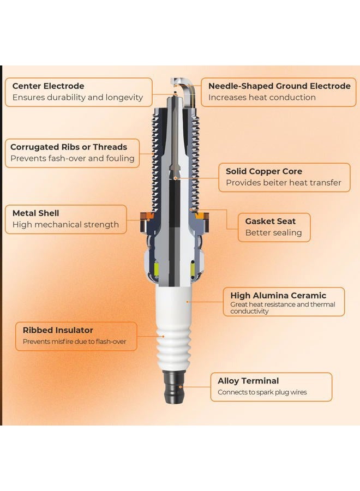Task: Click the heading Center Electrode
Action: coord(48,86)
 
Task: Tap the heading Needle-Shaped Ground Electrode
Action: coord(279,86)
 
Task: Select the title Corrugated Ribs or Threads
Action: coord(69,147)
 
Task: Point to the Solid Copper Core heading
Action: coord(264,171)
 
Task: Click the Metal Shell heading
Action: coord(35,213)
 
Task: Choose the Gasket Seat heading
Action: coord(270,221)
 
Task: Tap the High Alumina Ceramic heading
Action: coord(278,296)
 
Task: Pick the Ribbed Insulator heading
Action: coord(58,331)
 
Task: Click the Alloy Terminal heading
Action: coord(248,381)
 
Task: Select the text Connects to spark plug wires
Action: coord(262,392)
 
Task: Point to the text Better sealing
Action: coord(274,232)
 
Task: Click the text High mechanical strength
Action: coord(66,225)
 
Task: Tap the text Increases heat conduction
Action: coord(262,98)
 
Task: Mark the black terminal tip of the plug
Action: coord(174,387)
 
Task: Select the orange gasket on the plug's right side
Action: coord(202,216)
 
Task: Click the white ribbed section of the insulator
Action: coord(174,346)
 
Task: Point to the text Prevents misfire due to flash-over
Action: coord(75,342)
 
